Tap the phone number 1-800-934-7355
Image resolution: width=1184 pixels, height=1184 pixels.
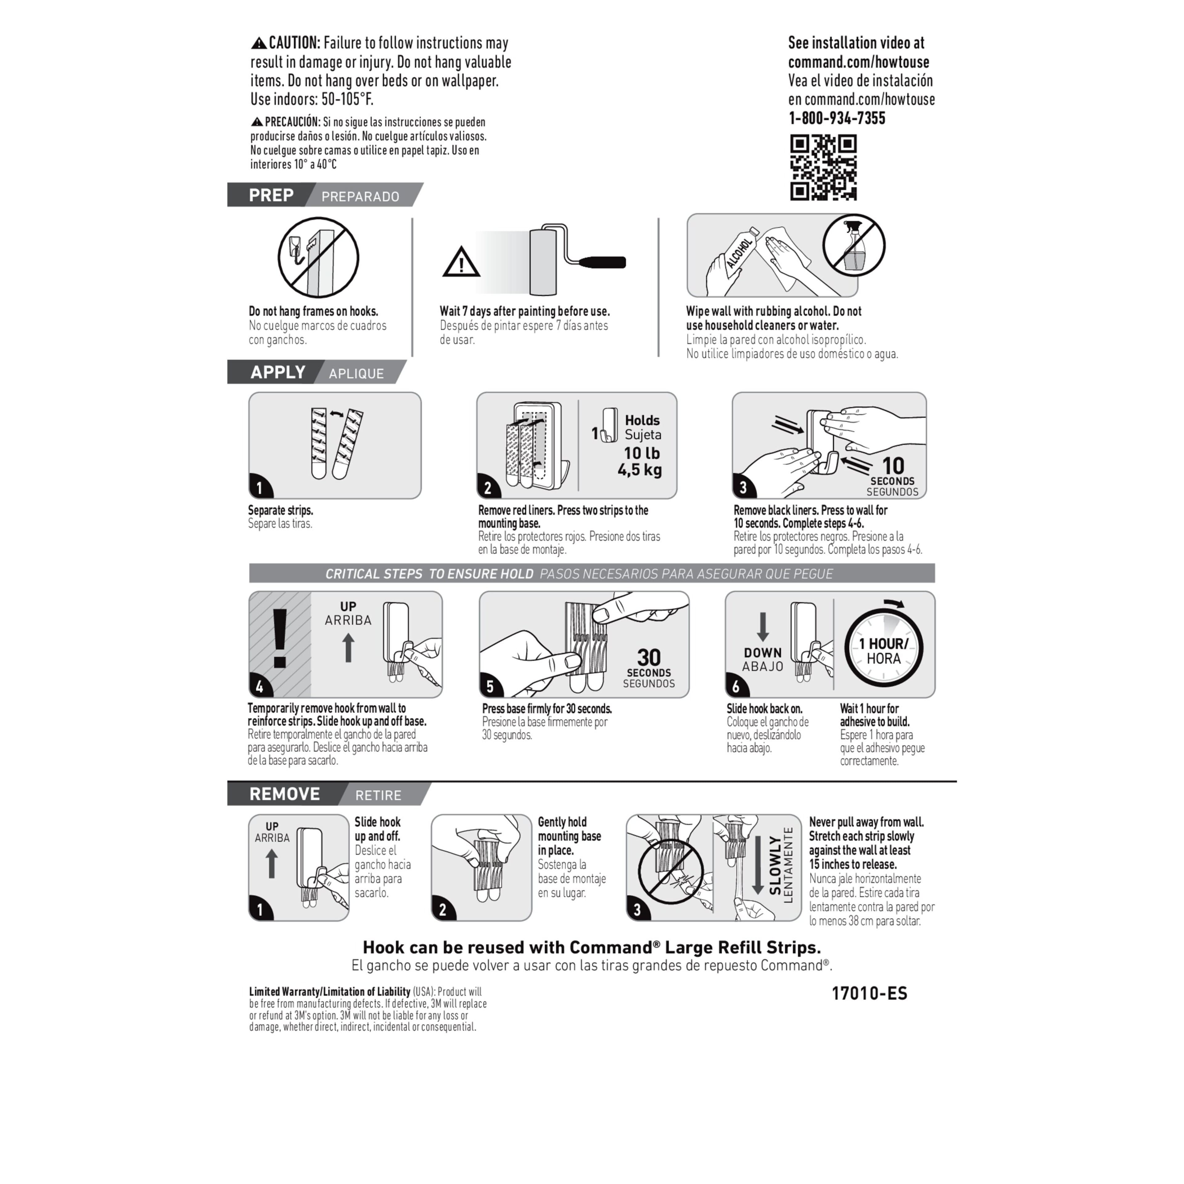click(x=837, y=118)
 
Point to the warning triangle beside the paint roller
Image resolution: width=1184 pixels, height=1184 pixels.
click(x=461, y=262)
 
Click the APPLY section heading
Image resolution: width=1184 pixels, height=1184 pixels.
click(x=277, y=372)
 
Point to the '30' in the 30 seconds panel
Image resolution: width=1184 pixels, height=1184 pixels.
click(x=648, y=658)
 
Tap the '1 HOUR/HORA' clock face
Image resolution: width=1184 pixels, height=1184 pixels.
click(x=884, y=650)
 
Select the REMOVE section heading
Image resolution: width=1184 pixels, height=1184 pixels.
click(x=284, y=794)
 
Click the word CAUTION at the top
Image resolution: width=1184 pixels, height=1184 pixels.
click(x=294, y=43)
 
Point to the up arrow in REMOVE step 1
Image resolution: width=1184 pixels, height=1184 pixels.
click(x=271, y=864)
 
